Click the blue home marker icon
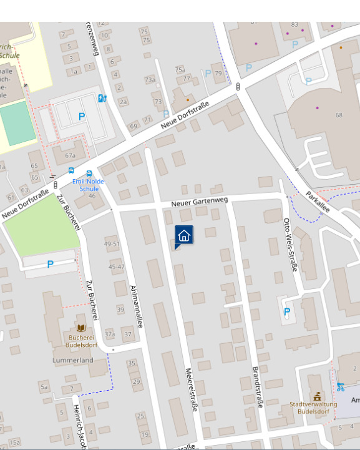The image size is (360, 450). (x=183, y=235)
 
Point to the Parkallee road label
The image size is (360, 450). (x=318, y=202)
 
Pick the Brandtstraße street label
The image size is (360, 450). (x=257, y=388)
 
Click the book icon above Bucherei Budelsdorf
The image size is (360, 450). (x=81, y=328)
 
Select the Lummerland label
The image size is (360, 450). (x=73, y=360)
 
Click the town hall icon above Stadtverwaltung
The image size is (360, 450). (x=317, y=396)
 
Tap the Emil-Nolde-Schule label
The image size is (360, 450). (x=89, y=185)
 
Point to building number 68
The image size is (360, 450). (x=339, y=115)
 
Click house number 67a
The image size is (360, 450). (x=70, y=155)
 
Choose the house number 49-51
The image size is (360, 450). (x=112, y=244)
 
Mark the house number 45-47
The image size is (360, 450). (x=117, y=267)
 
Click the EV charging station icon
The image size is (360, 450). (x=102, y=98)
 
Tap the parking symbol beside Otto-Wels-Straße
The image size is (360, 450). (x=287, y=311)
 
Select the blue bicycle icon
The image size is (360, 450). (x=340, y=387)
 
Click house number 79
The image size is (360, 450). (x=218, y=73)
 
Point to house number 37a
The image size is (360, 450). (x=110, y=335)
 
